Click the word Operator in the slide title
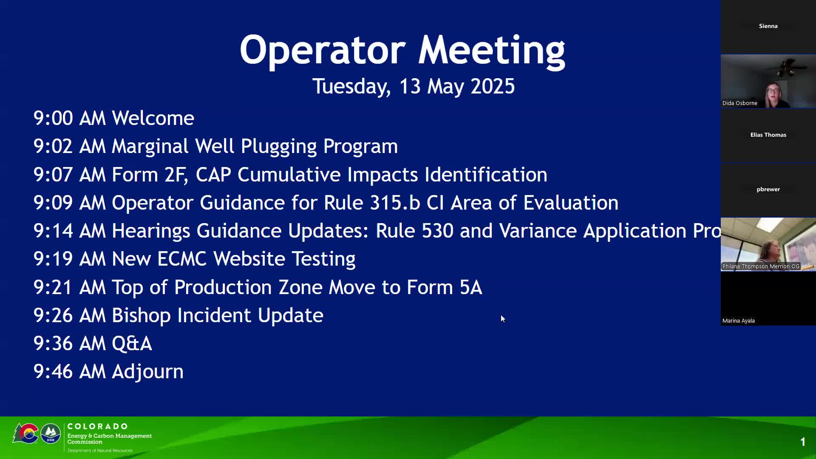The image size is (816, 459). [323, 50]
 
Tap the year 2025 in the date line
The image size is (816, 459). [493, 86]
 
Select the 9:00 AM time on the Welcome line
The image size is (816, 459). [70, 118]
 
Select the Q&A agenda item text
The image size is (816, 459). [132, 343]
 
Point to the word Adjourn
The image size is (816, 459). [147, 372]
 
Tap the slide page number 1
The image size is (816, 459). [803, 442]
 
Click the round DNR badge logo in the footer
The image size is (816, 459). [51, 434]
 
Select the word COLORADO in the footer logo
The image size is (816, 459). [97, 426]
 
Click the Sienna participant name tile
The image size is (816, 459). [768, 26]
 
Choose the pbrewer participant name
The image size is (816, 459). [768, 190]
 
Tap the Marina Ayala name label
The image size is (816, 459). [739, 321]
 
